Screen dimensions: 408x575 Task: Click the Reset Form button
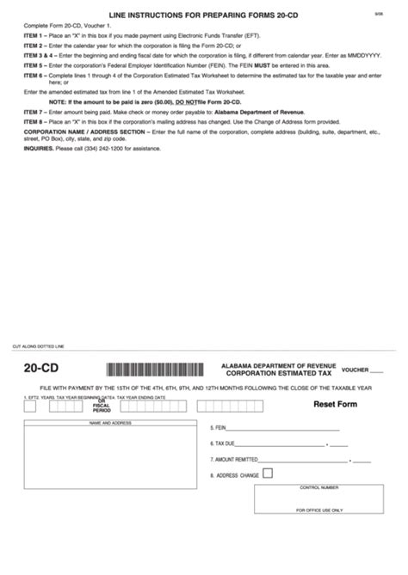[x=335, y=404]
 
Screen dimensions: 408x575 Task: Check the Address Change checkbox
[x=268, y=473]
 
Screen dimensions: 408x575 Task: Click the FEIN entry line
[x=284, y=427]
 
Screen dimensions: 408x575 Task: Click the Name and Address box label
[x=110, y=423]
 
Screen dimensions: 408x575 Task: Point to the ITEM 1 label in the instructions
[x=34, y=40]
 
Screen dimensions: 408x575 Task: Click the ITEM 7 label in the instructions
[x=34, y=113]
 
